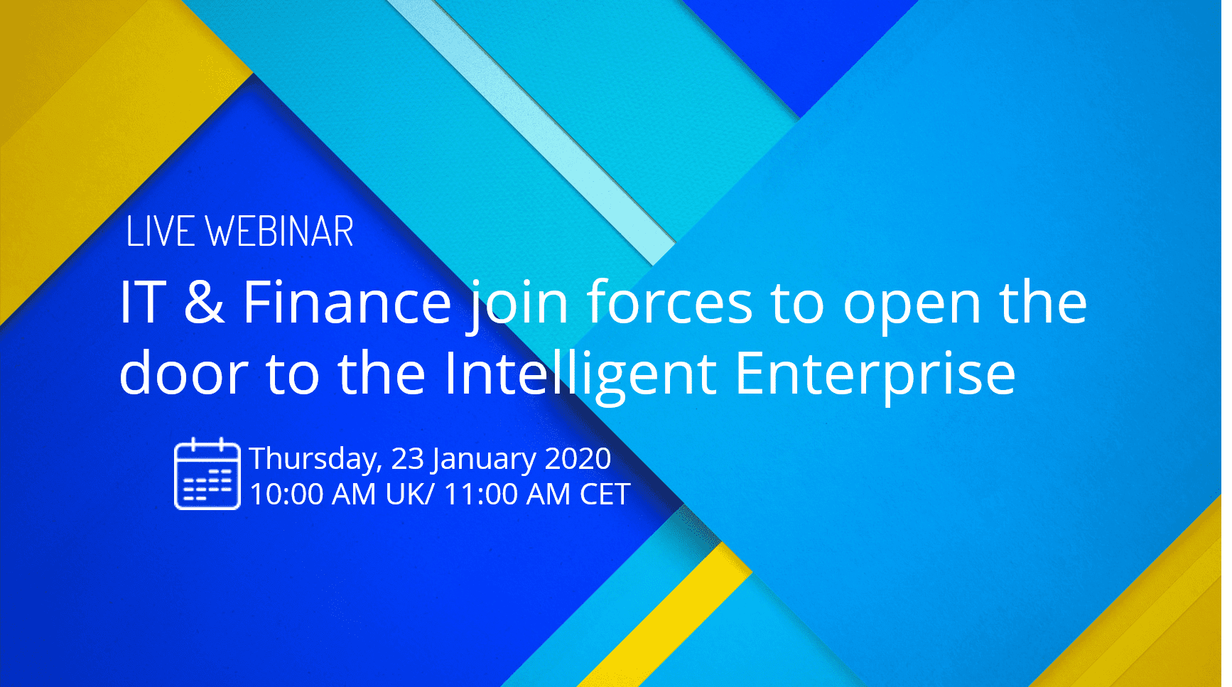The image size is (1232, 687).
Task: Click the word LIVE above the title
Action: pyautogui.click(x=160, y=232)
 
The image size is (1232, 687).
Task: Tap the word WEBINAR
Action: pyautogui.click(x=279, y=232)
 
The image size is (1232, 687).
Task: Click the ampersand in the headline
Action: pyautogui.click(x=204, y=302)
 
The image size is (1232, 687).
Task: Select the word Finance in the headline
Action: pyautogui.click(x=347, y=302)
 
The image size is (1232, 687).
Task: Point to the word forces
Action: pyautogui.click(x=669, y=302)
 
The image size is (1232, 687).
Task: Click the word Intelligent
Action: pyautogui.click(x=580, y=376)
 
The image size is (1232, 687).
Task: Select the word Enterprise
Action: pyautogui.click(x=875, y=376)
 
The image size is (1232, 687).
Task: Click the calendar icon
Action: pyautogui.click(x=207, y=473)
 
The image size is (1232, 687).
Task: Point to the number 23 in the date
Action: pyautogui.click(x=408, y=459)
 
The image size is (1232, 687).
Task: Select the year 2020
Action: pyautogui.click(x=578, y=459)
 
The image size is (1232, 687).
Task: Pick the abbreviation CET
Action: pyautogui.click(x=605, y=494)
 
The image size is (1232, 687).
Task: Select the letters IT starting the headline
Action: pyautogui.click(x=143, y=302)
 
